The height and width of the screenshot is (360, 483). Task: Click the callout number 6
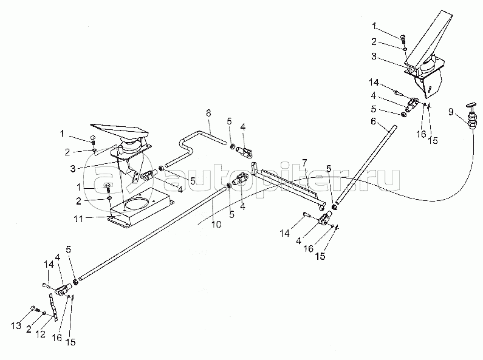point(374,121)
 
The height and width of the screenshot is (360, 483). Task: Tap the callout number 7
point(304,162)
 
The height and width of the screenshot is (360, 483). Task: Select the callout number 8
point(208,113)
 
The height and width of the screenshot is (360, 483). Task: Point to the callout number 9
point(451,112)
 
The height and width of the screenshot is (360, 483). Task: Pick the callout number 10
point(216,224)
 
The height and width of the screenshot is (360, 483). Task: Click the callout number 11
point(78,219)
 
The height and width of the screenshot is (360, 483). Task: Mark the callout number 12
point(40,334)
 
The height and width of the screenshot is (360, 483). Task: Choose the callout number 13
point(16,325)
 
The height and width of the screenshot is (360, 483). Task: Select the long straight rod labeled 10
point(153,234)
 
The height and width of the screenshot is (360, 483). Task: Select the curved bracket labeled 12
point(53,307)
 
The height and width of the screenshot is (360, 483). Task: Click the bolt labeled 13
point(35,308)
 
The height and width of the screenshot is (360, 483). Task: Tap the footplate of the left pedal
point(120,131)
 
